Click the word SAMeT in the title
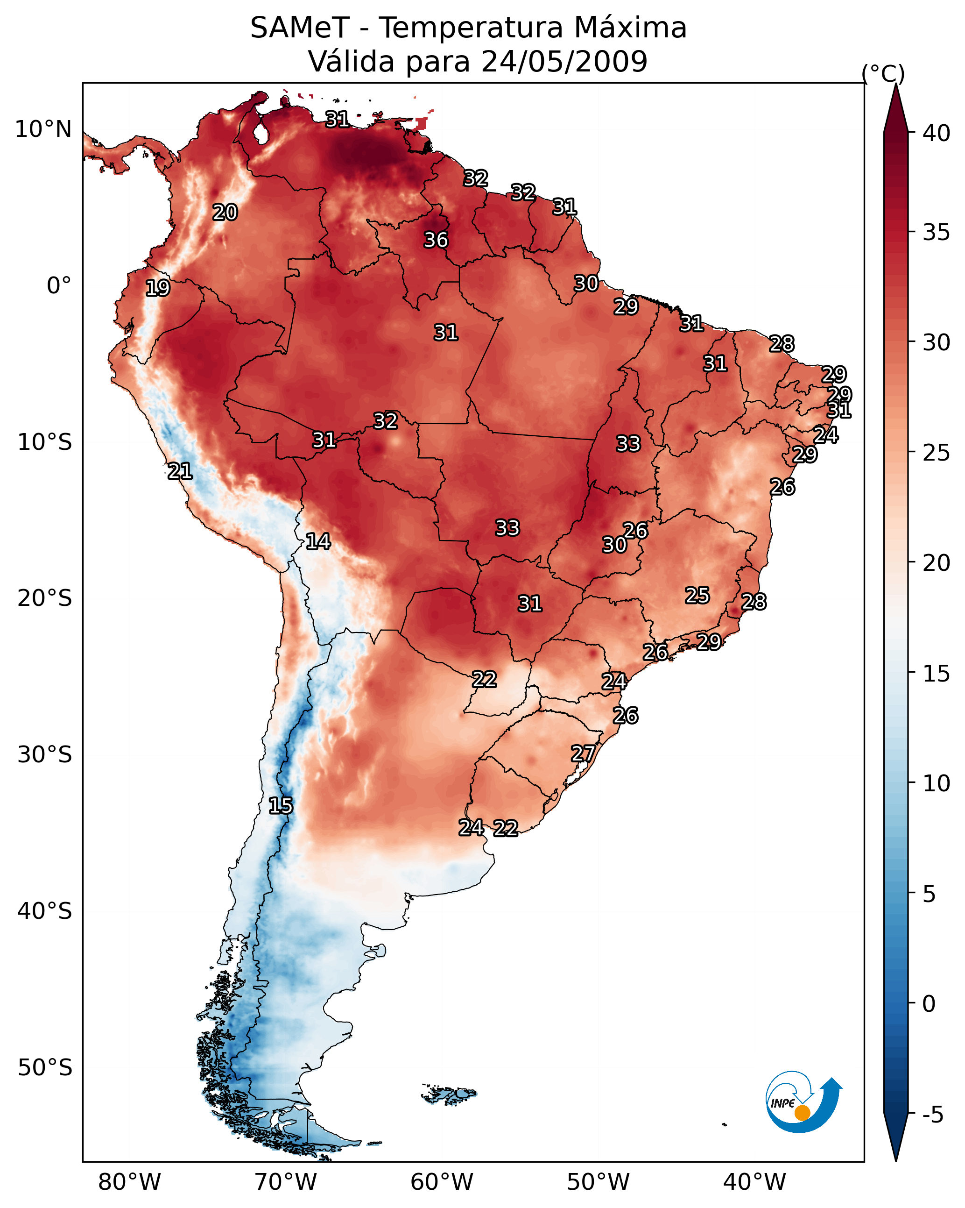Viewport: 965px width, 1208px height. click(x=300, y=28)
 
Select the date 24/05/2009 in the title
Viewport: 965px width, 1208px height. click(x=564, y=61)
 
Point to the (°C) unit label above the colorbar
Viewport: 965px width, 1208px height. click(x=883, y=73)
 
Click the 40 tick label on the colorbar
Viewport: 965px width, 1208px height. click(x=937, y=133)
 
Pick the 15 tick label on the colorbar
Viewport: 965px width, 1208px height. click(x=937, y=674)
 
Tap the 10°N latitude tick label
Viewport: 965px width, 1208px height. click(x=43, y=129)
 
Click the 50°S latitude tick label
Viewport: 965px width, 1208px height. click(x=45, y=1068)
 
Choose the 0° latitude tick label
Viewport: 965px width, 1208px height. click(x=59, y=286)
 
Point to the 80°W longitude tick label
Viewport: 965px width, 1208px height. click(x=129, y=1182)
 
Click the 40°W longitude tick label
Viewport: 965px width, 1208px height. click(x=754, y=1182)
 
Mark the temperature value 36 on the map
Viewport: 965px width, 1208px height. click(x=436, y=241)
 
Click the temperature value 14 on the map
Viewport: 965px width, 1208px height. click(x=318, y=542)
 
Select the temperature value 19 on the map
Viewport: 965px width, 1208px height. click(x=157, y=288)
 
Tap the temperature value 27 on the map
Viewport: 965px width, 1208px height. click(x=583, y=753)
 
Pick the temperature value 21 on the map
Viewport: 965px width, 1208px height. click(x=180, y=471)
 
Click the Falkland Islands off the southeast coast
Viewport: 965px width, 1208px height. click(x=449, y=1094)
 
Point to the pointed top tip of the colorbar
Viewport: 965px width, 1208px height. click(x=895, y=84)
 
